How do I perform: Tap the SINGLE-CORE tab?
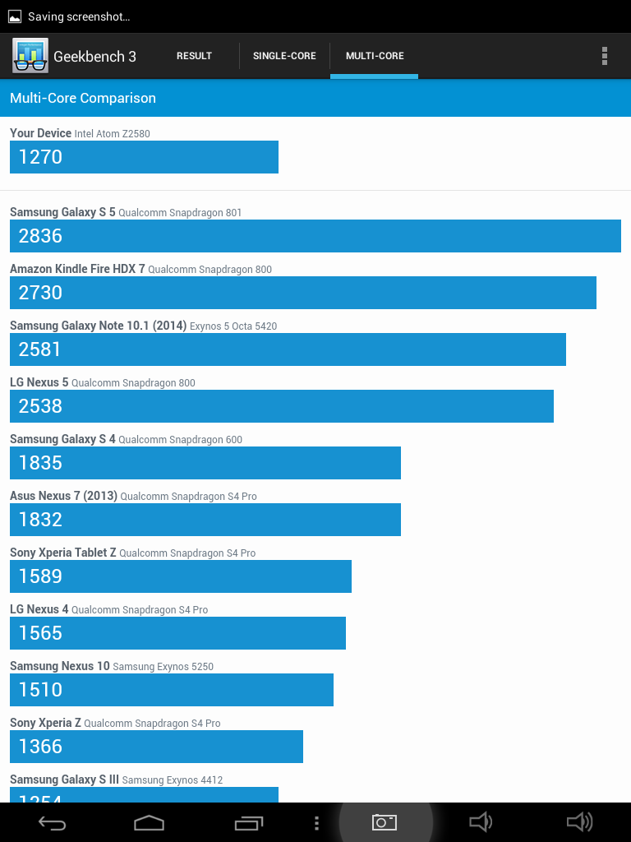(284, 56)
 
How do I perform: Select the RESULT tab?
(194, 56)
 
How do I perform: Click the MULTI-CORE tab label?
(375, 56)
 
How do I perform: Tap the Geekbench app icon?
(30, 56)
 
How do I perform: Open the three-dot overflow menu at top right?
(605, 56)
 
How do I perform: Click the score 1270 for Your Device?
(40, 157)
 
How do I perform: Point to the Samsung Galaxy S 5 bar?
(315, 236)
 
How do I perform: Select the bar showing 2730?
(302, 293)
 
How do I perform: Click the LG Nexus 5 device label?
(35, 382)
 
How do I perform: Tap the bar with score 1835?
(205, 463)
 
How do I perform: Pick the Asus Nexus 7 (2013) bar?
(205, 520)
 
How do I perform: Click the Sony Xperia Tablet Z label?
(63, 553)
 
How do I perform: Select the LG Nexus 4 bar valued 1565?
(177, 633)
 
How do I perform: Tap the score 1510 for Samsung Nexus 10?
(40, 690)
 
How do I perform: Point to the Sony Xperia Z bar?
(156, 747)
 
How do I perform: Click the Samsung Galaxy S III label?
(64, 780)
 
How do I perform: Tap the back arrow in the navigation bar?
(53, 822)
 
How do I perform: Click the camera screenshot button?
(385, 822)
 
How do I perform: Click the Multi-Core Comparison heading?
(83, 98)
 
